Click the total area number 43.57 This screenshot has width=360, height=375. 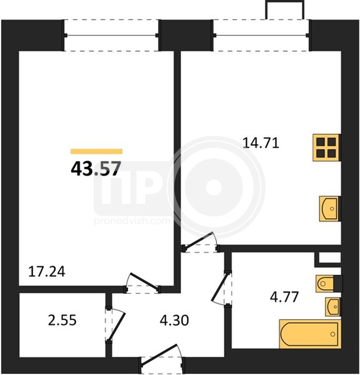coord(96,169)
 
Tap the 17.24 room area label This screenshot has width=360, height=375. coord(47,272)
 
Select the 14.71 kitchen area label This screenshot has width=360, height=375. coord(261,143)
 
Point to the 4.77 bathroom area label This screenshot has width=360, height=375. coord(284,297)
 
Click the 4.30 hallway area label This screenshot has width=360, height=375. coord(175,321)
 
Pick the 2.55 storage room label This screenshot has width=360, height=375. coord(62,321)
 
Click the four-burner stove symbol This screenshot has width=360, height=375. coord(326,148)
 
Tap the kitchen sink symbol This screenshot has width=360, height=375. coord(330,209)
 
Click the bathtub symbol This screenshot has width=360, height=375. coord(310,334)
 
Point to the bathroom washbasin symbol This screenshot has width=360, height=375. coord(333,307)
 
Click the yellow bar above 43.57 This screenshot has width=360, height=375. coord(96,151)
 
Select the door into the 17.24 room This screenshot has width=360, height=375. coord(143,283)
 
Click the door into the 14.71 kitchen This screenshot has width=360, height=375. coord(200,242)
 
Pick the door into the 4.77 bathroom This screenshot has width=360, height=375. coord(222,288)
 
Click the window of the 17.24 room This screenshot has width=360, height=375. coord(111,36)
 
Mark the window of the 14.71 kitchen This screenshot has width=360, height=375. coord(261,36)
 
